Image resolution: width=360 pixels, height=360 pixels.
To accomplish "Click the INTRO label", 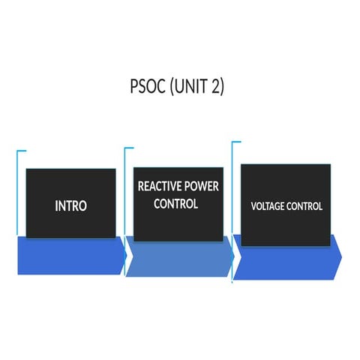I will [70, 205].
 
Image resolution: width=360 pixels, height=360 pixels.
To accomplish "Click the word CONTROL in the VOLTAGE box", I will [306, 205].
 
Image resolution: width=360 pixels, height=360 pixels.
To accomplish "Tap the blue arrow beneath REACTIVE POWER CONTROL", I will [178, 259].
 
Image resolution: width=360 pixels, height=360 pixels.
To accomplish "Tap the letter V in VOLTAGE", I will [254, 205].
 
